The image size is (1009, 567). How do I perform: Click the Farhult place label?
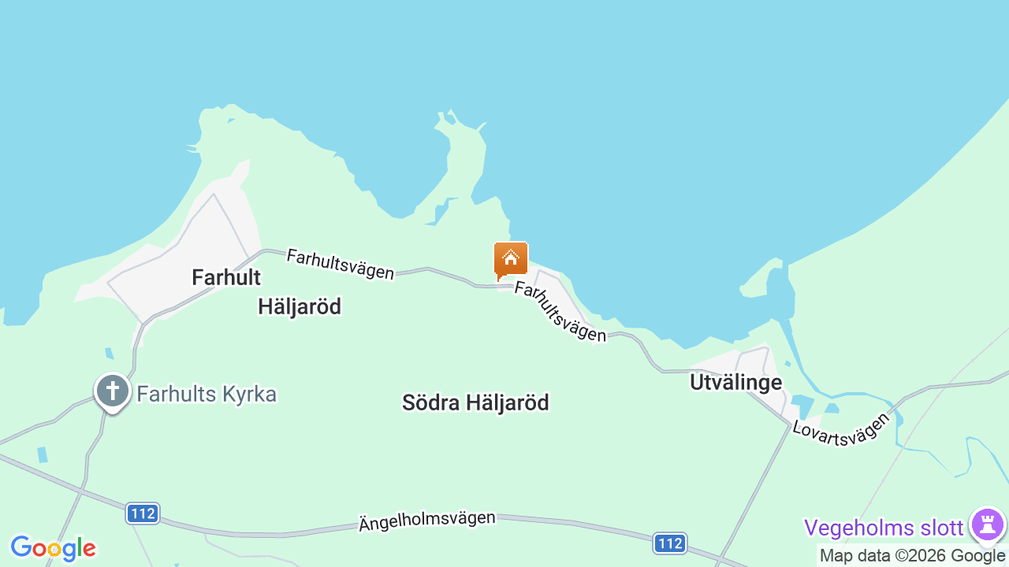[226, 277]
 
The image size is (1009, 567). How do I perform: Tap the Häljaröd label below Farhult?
[300, 307]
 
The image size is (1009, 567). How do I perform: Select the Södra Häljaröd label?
[475, 402]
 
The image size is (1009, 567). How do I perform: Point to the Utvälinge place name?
[735, 383]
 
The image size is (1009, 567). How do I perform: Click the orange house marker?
[511, 259]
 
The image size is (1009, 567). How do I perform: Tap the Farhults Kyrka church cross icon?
[112, 391]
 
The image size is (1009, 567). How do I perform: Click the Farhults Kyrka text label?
[207, 394]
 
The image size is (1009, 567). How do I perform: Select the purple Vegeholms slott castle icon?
[987, 524]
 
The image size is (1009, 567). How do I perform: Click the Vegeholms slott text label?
[884, 527]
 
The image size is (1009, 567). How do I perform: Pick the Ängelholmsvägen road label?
[427, 521]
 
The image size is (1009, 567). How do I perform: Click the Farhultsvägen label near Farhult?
[341, 264]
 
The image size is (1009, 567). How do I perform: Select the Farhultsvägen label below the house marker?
[560, 312]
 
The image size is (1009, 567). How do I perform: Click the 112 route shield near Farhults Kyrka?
[143, 513]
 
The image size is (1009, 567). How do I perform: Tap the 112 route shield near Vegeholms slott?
[669, 543]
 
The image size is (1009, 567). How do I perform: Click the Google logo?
[53, 548]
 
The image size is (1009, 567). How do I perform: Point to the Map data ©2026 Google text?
[912, 556]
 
